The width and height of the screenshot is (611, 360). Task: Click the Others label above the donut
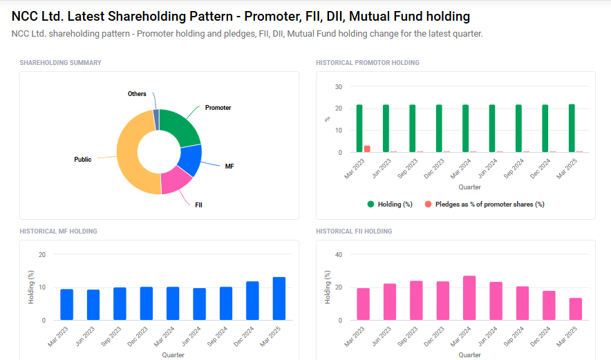pyautogui.click(x=137, y=94)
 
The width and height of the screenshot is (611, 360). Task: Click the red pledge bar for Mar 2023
pyautogui.click(x=368, y=149)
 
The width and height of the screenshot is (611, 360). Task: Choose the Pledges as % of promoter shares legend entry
pyautogui.click(x=485, y=205)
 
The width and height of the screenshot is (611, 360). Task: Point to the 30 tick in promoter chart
pyautogui.click(x=339, y=86)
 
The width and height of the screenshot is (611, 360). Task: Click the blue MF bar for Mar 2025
pyautogui.click(x=279, y=299)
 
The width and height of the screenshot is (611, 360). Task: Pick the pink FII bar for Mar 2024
pyautogui.click(x=469, y=298)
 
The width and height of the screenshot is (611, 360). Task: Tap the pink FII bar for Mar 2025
pyautogui.click(x=575, y=309)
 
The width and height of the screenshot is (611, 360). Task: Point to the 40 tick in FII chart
pyautogui.click(x=339, y=255)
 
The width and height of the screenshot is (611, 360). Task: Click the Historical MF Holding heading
pyautogui.click(x=58, y=231)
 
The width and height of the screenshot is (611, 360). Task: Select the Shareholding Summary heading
pyautogui.click(x=60, y=63)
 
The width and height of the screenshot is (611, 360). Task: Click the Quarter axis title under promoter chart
pyautogui.click(x=469, y=187)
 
